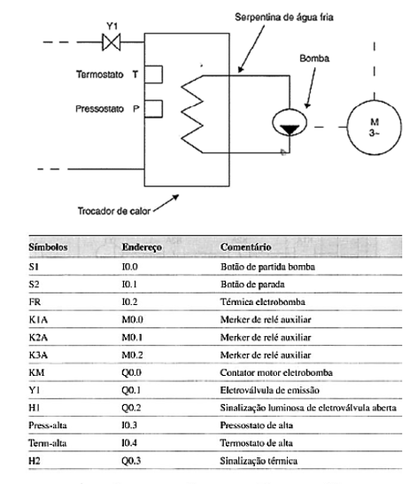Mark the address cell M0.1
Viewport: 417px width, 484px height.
pyautogui.click(x=130, y=338)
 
